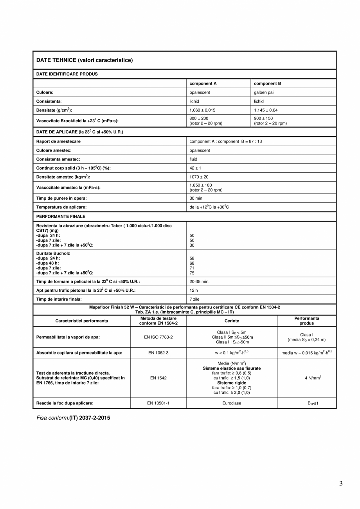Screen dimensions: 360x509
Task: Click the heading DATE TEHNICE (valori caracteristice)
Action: [x=85, y=60]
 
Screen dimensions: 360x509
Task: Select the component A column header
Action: [x=203, y=83]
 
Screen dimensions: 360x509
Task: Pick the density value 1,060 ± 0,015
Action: [x=202, y=110]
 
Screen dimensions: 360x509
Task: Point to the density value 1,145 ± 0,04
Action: [x=266, y=110]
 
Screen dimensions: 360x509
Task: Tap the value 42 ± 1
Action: [x=195, y=168]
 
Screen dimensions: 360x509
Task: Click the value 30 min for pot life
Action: [x=196, y=198]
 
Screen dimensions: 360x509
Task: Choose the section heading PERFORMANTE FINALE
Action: [x=61, y=216]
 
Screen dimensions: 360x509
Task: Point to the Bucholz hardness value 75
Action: [x=192, y=273]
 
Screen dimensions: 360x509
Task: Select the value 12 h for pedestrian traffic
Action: [x=193, y=291]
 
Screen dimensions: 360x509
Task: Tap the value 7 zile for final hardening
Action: [x=194, y=299]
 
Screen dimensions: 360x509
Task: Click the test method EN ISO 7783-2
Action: [x=158, y=337]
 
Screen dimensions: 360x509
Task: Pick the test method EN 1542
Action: [x=158, y=378]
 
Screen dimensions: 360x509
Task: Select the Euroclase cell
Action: [x=232, y=403]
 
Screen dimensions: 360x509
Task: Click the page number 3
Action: [x=341, y=484]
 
